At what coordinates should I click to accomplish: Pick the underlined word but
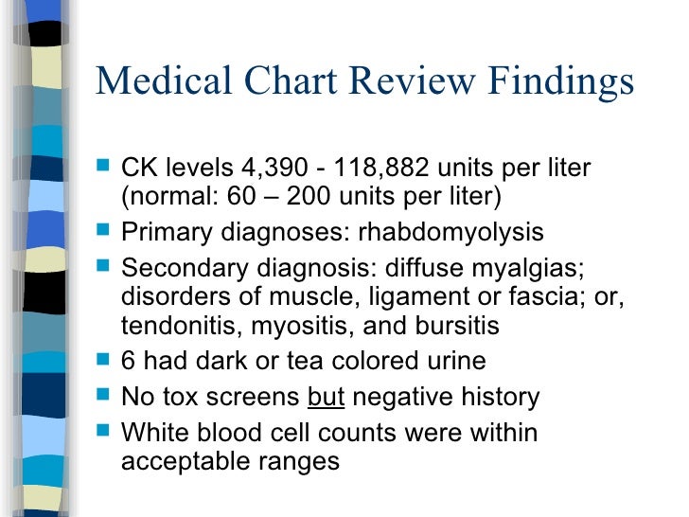(x=327, y=398)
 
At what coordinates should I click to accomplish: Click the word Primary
(x=161, y=232)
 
